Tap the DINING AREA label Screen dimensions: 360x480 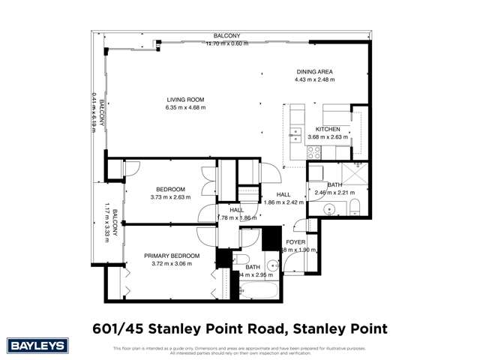tap(313, 72)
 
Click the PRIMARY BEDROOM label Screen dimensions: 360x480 tap(172, 256)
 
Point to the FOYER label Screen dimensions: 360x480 tap(296, 242)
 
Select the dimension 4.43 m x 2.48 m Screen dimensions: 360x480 tap(313, 80)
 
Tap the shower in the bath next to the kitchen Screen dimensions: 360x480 tap(352, 175)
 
